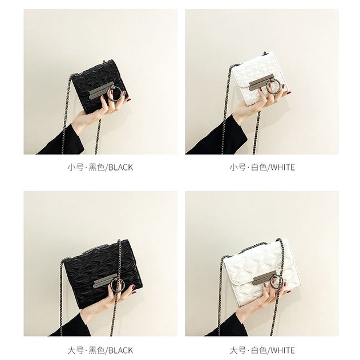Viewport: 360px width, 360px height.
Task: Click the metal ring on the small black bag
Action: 108,94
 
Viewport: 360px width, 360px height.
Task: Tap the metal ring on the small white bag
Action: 267,87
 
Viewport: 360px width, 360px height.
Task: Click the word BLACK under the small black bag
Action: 120,167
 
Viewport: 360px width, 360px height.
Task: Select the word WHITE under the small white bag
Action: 282,167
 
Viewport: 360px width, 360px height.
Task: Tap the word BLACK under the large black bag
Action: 120,351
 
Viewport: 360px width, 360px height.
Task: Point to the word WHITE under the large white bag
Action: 282,351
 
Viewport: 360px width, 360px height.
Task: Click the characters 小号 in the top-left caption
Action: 75,167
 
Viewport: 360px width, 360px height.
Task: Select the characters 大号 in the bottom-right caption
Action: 237,351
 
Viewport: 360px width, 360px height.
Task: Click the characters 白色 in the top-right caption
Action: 259,167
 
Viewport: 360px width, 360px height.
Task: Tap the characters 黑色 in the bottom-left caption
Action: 96,351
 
